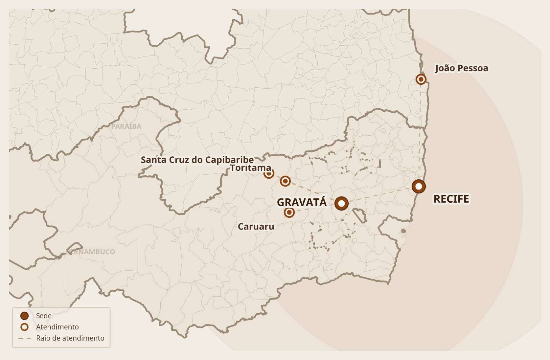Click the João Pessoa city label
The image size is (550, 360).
point(462,68)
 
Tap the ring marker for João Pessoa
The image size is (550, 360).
point(421,79)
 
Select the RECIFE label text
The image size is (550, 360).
point(451,199)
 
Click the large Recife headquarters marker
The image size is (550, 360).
point(419,187)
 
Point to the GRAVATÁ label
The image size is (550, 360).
point(302,202)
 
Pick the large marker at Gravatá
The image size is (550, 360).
point(341,204)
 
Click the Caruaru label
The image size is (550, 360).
point(256,227)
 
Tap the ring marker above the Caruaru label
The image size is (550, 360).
point(289,213)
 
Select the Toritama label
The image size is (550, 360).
point(250,168)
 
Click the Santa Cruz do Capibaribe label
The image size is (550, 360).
point(197,160)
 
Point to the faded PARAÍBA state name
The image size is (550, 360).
point(126,126)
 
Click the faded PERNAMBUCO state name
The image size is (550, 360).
point(91,252)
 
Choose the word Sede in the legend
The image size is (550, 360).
point(44,316)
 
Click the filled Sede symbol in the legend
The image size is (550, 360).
point(24,316)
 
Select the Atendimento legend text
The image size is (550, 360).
point(57,327)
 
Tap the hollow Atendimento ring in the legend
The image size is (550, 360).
point(24,327)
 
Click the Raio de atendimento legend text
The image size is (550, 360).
point(70,338)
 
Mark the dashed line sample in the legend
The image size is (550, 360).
point(24,338)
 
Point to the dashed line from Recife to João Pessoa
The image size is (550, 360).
point(420,131)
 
